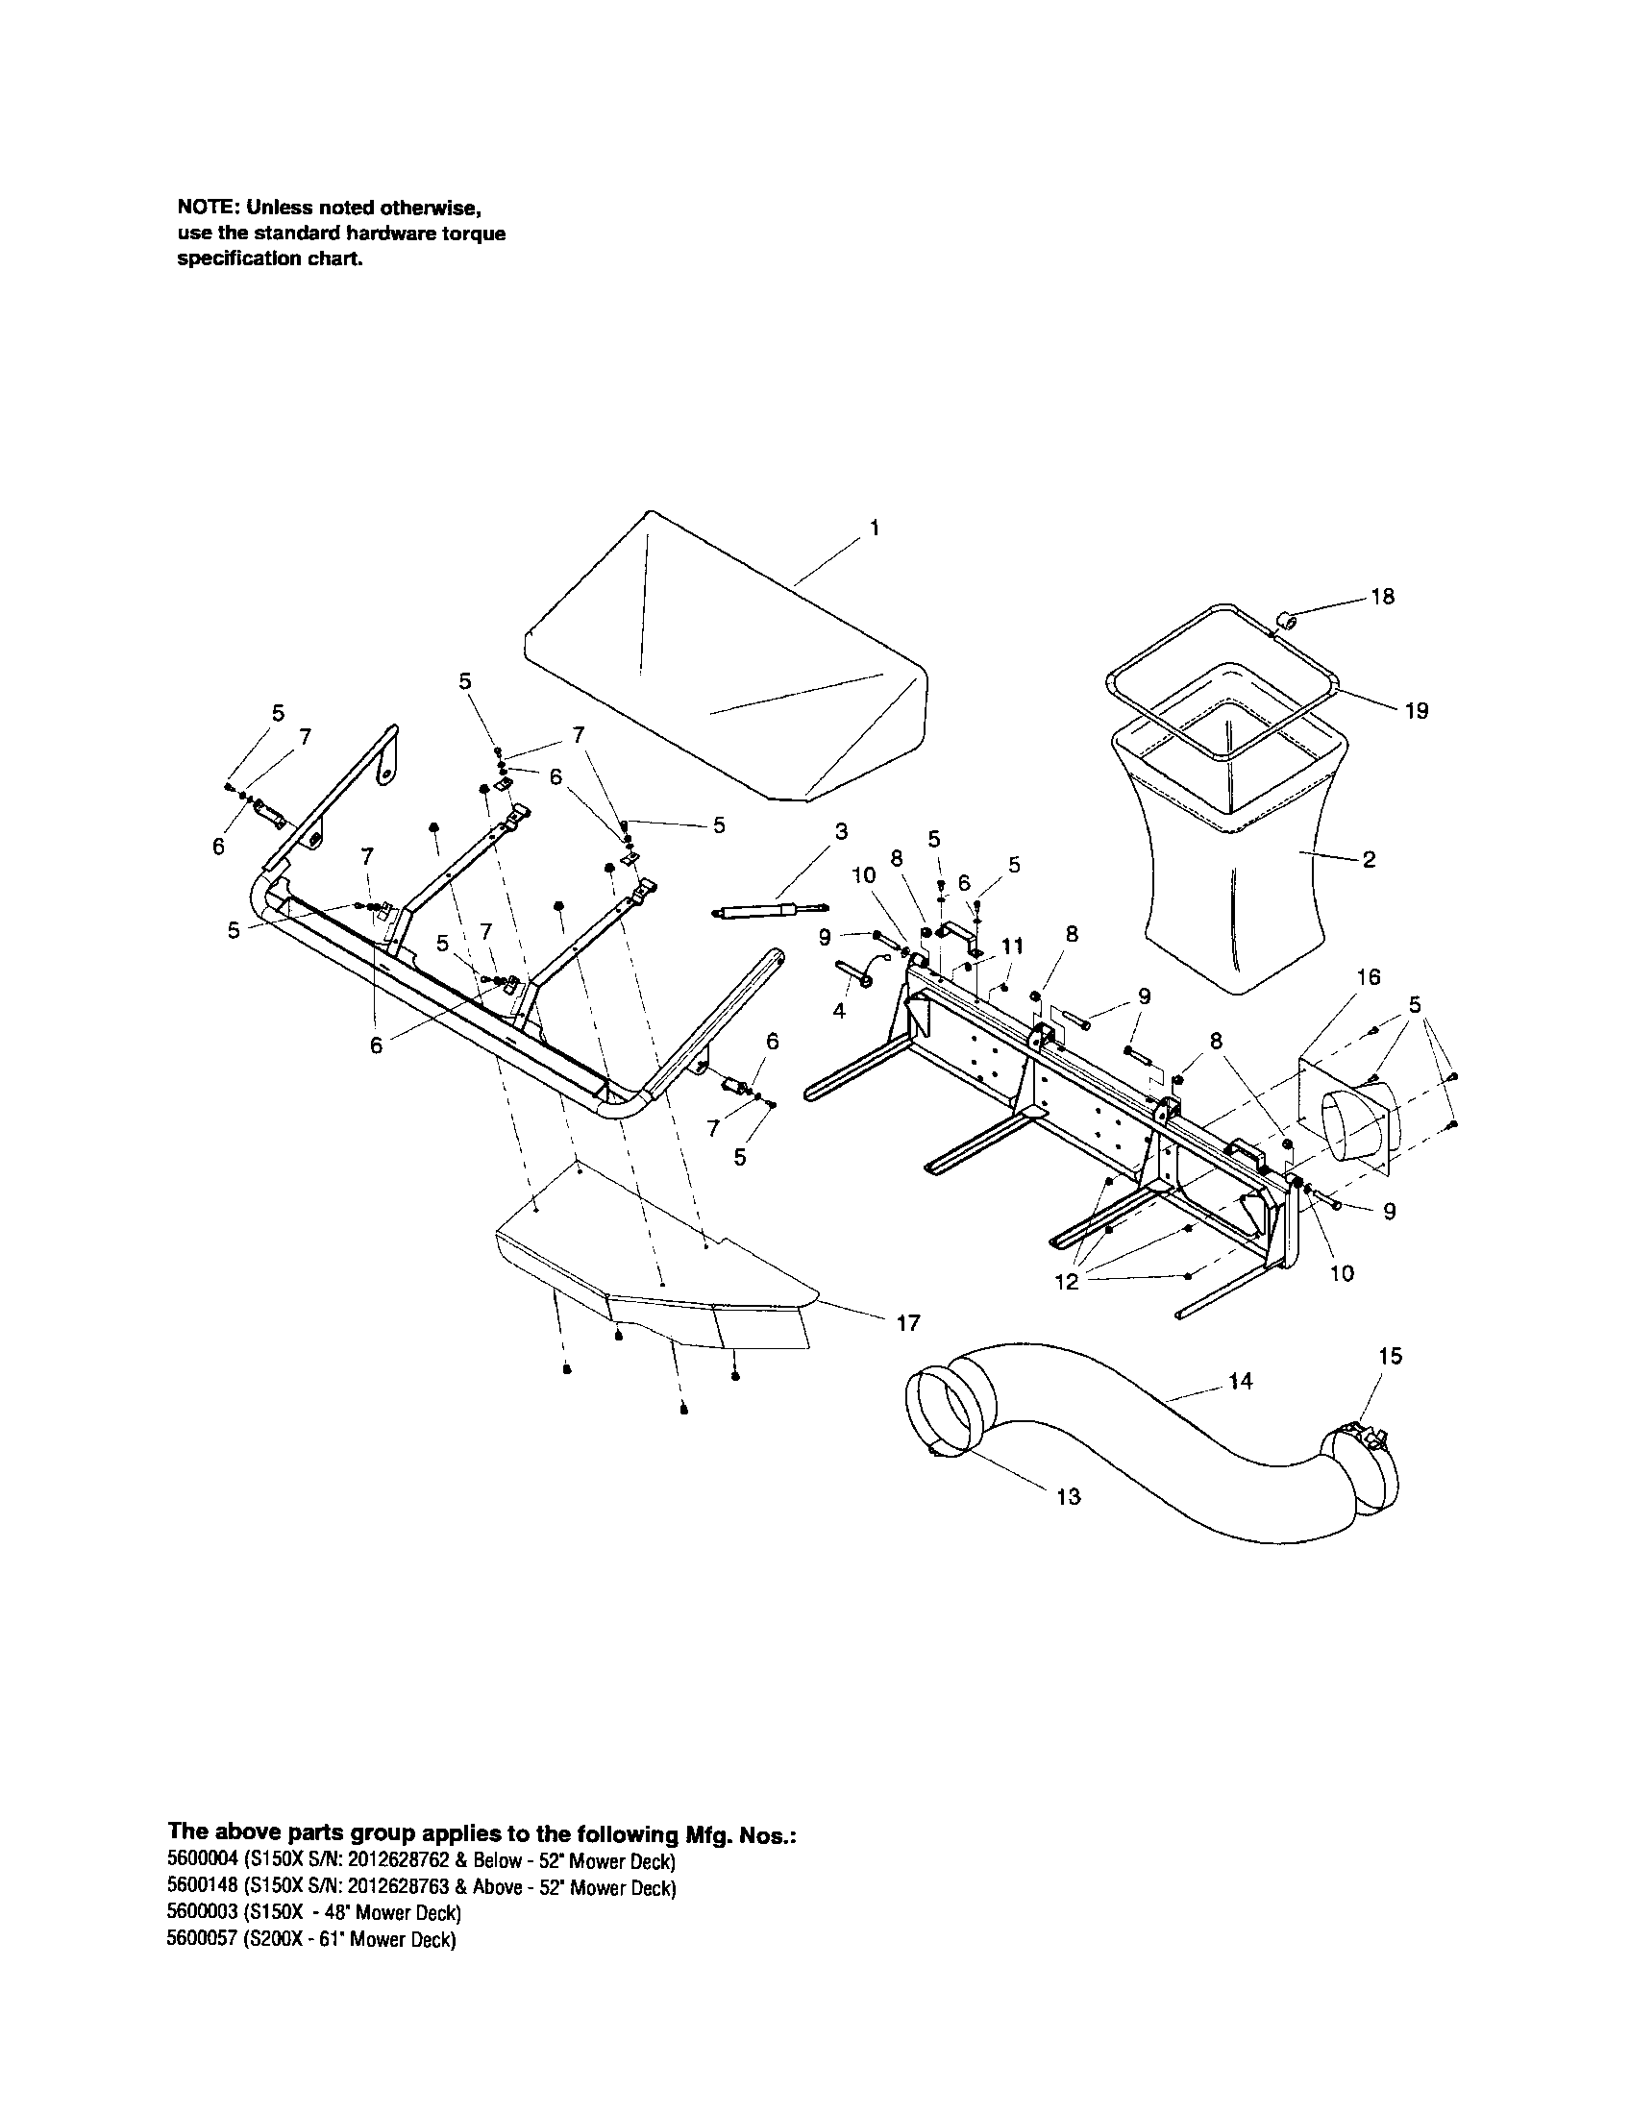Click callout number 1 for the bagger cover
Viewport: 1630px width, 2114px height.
[874, 528]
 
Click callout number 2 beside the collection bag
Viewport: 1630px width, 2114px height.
[1369, 860]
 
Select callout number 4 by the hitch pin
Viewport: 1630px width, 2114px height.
[839, 1011]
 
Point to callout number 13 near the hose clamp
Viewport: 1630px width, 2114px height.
[1068, 1496]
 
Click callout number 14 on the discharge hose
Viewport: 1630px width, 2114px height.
[1241, 1381]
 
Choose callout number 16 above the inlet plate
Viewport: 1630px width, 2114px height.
[1369, 977]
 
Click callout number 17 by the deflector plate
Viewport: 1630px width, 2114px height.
[908, 1322]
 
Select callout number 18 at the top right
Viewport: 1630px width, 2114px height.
[1383, 598]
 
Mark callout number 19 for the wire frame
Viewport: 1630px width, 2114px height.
[1416, 711]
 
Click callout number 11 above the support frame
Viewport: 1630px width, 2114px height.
[1010, 946]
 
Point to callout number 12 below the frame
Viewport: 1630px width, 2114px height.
[1066, 1284]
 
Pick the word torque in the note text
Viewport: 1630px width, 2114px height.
[477, 234]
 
